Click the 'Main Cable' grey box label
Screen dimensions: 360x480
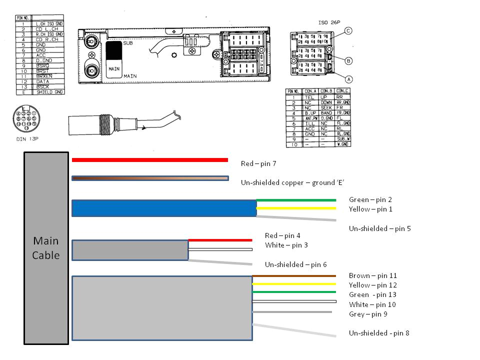point(45,248)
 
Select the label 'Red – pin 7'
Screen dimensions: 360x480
point(258,163)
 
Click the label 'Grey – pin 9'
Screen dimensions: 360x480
point(367,314)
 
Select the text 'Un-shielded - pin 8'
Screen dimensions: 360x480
point(379,332)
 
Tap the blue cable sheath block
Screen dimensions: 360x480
point(164,208)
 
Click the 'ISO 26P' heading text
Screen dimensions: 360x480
point(328,22)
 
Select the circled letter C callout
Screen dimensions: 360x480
point(348,31)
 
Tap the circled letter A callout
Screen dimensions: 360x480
point(348,78)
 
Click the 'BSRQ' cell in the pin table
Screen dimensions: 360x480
point(42,65)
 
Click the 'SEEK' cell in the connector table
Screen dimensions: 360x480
point(326,107)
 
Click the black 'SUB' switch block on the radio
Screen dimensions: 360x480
point(114,50)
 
